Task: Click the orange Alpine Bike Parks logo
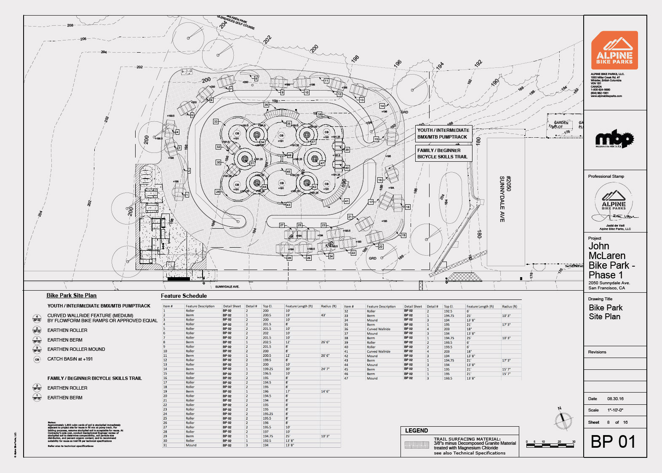[x=614, y=50]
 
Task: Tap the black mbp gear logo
[x=614, y=139]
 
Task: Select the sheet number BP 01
[x=613, y=442]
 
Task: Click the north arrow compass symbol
[x=563, y=420]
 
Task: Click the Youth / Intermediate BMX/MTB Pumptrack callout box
[x=443, y=134]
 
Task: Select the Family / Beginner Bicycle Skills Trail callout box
[x=443, y=154]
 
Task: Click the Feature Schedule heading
[x=184, y=296]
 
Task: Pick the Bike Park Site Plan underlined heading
[x=72, y=296]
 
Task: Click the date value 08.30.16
[x=615, y=398]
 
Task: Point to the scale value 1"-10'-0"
[x=615, y=410]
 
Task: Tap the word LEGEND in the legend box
[x=416, y=431]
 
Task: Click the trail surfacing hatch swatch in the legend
[x=416, y=445]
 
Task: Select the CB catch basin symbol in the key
[x=37, y=359]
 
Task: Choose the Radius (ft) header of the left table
[x=328, y=306]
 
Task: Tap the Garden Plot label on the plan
[x=561, y=125]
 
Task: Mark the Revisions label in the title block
[x=597, y=352]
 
